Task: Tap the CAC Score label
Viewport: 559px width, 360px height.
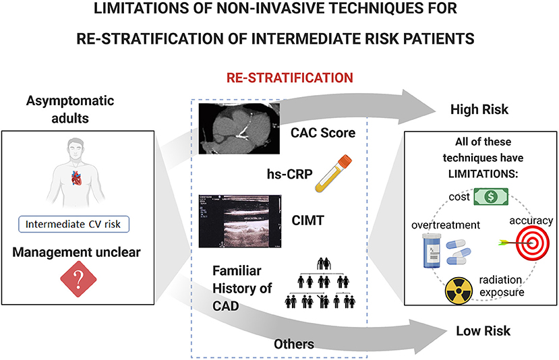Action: (x=322, y=133)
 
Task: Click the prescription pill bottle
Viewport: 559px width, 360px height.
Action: (x=432, y=250)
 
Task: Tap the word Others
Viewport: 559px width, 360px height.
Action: (x=293, y=344)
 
